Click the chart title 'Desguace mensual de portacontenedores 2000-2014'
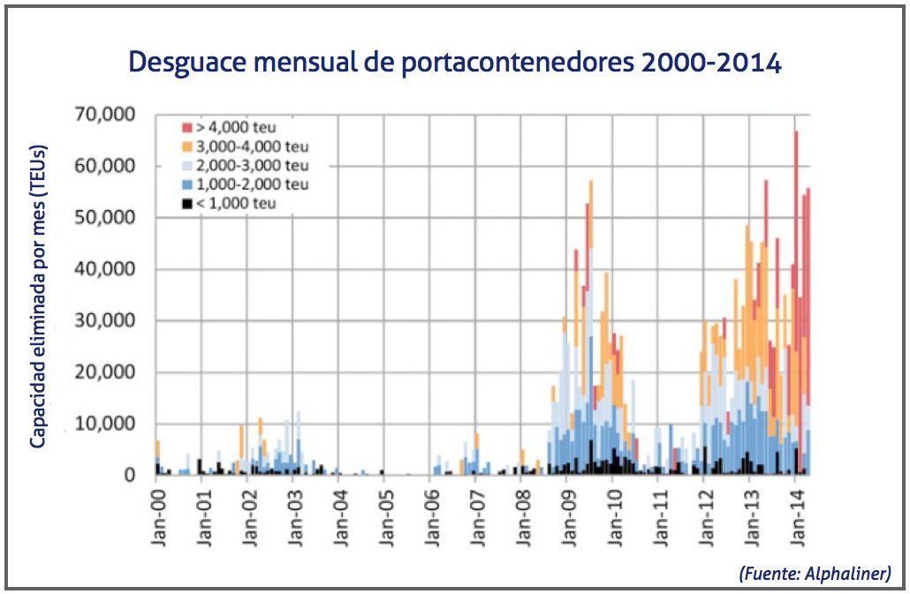pyautogui.click(x=455, y=64)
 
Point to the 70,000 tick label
pyautogui.click(x=104, y=115)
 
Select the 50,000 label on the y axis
pyautogui.click(x=104, y=218)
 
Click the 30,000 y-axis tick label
pyautogui.click(x=104, y=321)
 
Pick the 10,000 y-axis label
pyautogui.click(x=104, y=425)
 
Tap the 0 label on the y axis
pyautogui.click(x=130, y=476)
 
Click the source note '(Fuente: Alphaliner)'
pyautogui.click(x=815, y=573)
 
